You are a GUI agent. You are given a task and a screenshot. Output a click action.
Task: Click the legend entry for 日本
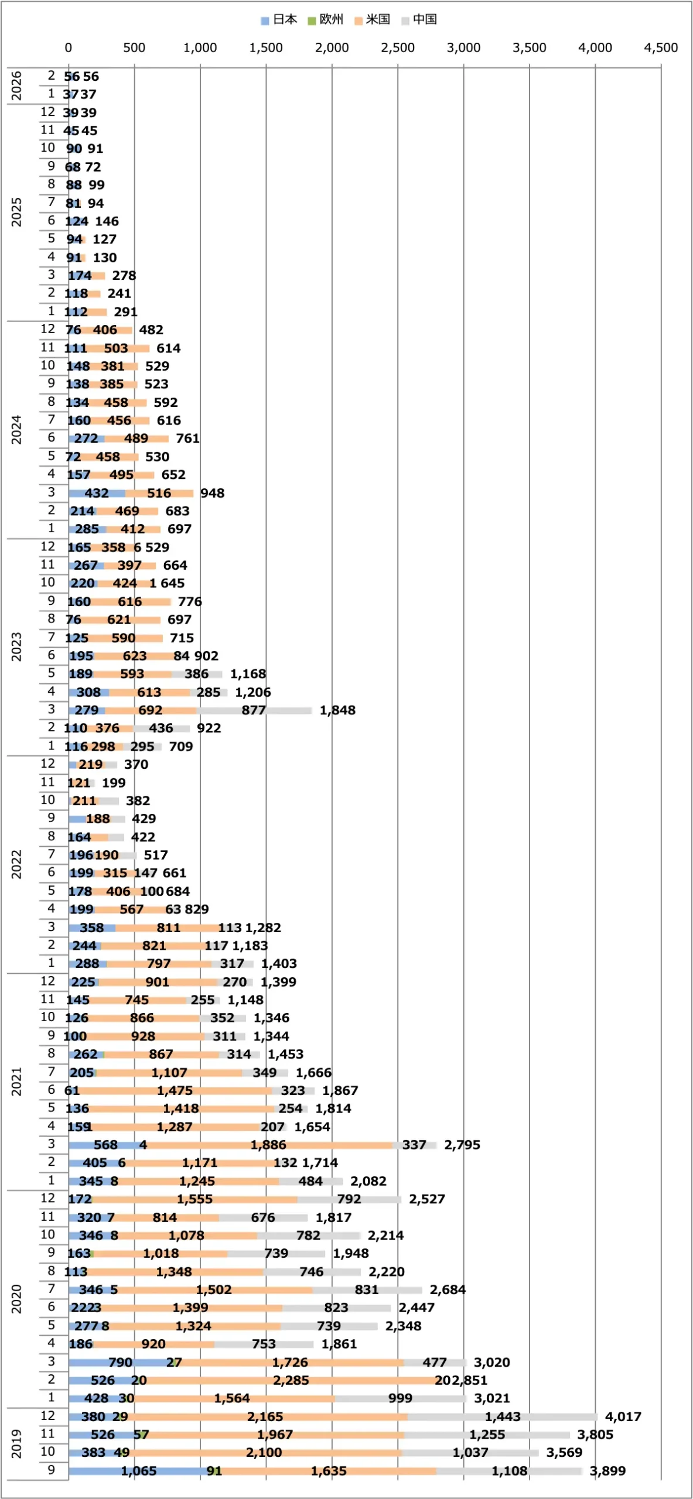pos(279,20)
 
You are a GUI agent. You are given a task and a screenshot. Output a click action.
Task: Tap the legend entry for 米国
pos(373,20)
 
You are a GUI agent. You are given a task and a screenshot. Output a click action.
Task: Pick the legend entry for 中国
pos(419,20)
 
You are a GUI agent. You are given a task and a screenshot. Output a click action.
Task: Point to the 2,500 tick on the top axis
pos(398,48)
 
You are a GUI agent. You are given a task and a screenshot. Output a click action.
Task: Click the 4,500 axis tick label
pos(661,48)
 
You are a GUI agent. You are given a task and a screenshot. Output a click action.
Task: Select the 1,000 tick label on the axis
pos(200,48)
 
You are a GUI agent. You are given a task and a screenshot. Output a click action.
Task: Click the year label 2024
pos(16,430)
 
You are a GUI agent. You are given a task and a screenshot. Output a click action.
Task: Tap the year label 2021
pos(16,1082)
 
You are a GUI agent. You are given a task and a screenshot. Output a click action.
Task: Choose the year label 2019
pos(16,1444)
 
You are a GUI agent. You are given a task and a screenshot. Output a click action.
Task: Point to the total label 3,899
pos(607,1471)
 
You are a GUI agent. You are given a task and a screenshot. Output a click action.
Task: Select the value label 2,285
pos(291,1380)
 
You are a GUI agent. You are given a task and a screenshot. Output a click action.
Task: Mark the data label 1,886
pos(268,1145)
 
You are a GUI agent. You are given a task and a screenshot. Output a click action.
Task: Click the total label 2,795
pos(462,1145)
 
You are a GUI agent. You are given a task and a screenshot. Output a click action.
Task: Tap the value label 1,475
pos(175,1090)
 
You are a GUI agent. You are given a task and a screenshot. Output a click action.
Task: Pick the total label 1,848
pos(337,710)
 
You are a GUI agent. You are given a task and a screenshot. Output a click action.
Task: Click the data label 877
pos(254,710)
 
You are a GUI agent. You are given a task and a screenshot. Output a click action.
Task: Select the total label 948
pos(212,493)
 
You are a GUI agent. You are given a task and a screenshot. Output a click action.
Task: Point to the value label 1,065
pos(139,1471)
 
